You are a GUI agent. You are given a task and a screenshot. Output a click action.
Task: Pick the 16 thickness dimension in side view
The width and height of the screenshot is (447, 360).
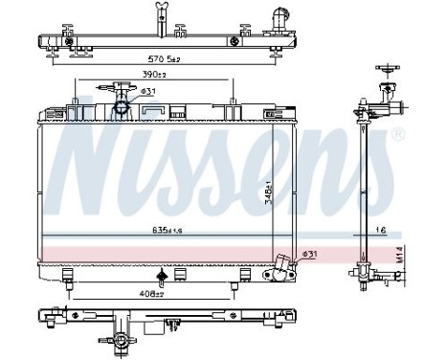pos(382,231)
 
